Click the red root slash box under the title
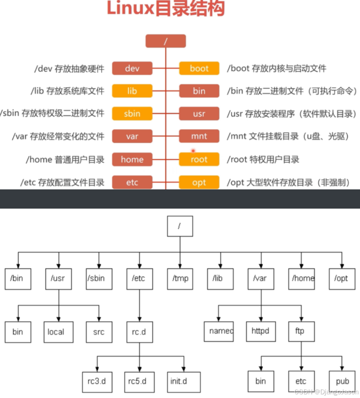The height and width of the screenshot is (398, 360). click(x=165, y=41)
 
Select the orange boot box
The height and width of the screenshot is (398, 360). click(x=199, y=68)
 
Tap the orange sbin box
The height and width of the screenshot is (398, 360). click(x=132, y=113)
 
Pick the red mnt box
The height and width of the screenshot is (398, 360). click(x=199, y=136)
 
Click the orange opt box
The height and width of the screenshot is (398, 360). click(x=199, y=182)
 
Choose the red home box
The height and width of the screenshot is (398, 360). click(x=132, y=159)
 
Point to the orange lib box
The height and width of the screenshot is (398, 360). click(x=132, y=91)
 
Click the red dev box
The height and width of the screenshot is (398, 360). click(x=132, y=68)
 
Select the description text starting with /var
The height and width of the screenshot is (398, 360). click(x=58, y=136)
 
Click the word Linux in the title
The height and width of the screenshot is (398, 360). click(x=130, y=9)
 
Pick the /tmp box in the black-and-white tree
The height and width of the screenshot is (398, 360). click(x=180, y=279)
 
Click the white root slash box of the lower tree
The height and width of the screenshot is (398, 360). click(x=180, y=226)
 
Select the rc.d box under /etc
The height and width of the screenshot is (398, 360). click(x=139, y=331)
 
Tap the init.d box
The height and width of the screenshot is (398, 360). click(x=184, y=381)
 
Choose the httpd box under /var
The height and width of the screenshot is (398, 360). click(x=260, y=331)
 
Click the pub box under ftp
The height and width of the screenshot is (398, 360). click(x=342, y=381)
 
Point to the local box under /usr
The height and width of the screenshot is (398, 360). click(x=59, y=331)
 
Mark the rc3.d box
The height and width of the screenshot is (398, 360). click(x=97, y=381)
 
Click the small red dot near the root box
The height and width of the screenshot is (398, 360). click(x=193, y=150)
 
